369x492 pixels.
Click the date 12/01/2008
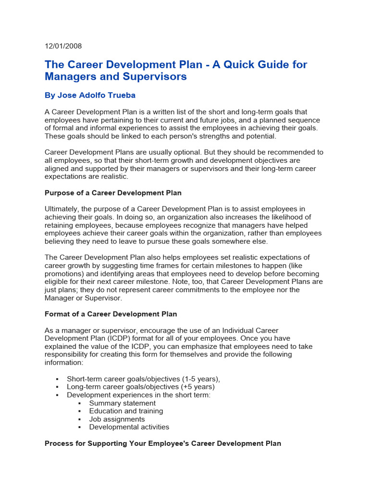point(63,46)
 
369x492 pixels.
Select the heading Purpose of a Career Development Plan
point(113,193)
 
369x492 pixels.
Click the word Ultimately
point(63,209)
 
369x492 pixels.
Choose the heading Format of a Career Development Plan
point(111,314)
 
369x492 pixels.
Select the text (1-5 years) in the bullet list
point(198,379)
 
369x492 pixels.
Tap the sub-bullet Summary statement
point(122,403)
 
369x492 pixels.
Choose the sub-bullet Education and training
point(126,411)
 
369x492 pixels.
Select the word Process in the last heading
point(59,443)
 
